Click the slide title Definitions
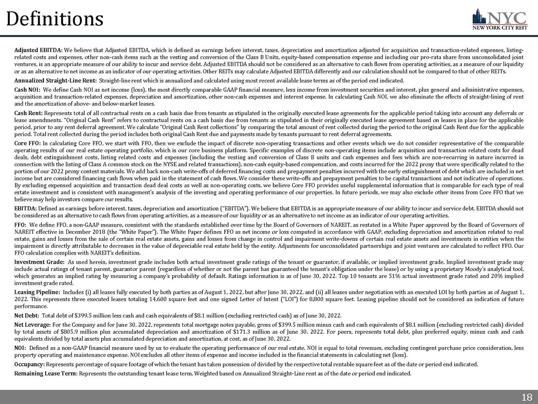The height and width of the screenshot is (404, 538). pos(55,19)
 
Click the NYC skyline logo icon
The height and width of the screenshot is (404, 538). pos(479,17)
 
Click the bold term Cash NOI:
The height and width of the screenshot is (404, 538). pos(28,90)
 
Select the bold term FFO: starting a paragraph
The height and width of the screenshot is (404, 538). pos(21,224)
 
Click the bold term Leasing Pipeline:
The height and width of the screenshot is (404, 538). pos(37,292)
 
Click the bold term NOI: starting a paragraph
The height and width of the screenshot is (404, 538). pos(20,347)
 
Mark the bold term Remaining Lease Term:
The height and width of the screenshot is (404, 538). pos(46,373)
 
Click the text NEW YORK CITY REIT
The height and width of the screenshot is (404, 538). pos(499,29)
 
